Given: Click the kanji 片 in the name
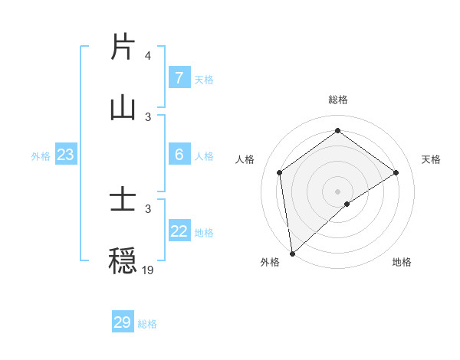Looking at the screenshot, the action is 123,47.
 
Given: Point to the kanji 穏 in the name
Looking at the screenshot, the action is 123,260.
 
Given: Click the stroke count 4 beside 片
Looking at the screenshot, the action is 147,57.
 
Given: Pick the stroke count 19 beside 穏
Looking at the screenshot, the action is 147,270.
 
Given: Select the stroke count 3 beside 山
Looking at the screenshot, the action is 147,116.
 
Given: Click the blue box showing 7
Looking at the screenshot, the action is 179,78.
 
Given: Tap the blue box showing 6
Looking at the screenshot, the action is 179,155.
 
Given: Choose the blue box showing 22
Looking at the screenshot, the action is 179,231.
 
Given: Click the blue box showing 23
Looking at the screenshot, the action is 65,155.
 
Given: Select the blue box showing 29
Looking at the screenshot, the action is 122,322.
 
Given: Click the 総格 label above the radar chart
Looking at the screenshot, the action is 337,100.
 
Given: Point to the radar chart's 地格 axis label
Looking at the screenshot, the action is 402,262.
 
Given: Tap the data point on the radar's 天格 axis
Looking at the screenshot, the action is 396,172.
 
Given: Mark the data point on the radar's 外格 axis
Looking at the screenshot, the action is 292,253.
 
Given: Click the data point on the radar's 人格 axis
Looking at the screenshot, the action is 279,172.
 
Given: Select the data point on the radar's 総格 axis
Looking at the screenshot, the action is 337,131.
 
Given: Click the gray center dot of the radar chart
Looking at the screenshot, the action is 337,191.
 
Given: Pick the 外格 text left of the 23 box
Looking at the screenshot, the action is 40,155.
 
